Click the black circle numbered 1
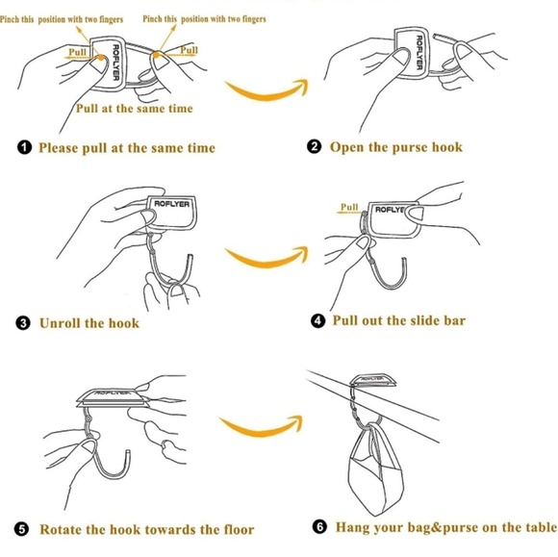pos(24,147)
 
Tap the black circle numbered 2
pos(314,146)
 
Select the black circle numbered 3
pos(23,323)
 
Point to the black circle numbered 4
pos(317,320)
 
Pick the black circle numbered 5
pos(22,529)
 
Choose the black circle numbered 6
pos(319,526)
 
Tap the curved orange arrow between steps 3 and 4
pos(266,262)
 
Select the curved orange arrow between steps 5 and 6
pos(262,431)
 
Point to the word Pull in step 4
pos(349,207)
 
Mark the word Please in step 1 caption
pos(59,148)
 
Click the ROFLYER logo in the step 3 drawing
pos(172,204)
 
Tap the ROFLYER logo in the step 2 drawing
pos(419,52)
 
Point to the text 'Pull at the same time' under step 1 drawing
pos(135,108)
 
